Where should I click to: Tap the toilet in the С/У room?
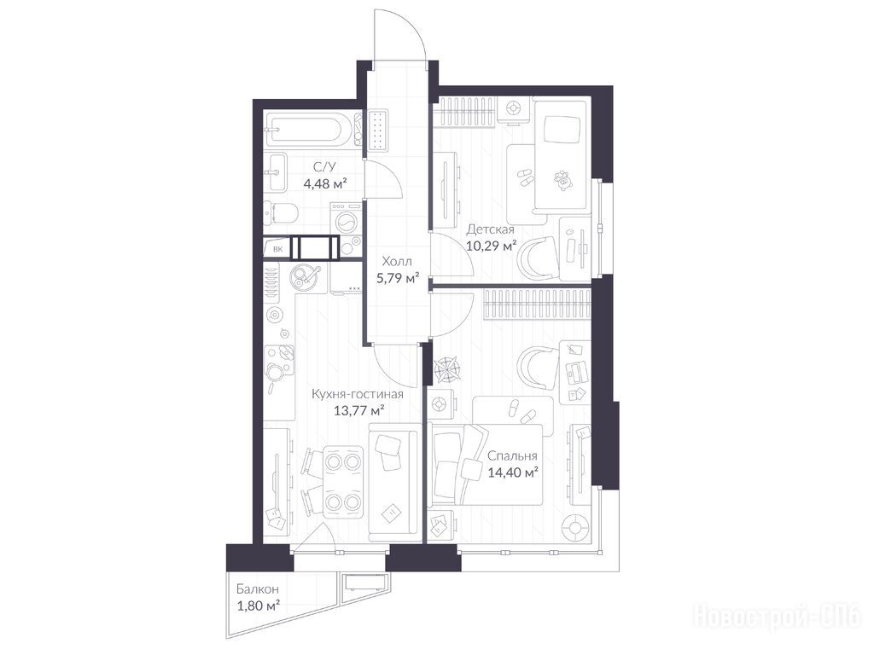[280, 212]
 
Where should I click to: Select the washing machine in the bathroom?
[346, 218]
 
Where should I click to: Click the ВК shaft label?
[277, 250]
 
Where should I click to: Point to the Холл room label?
[397, 262]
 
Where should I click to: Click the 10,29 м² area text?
[491, 246]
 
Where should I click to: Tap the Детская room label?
[491, 229]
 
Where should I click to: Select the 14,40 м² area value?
[513, 472]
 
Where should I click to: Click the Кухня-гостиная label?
[358, 394]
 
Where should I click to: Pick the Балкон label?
[258, 588]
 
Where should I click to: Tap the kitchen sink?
[306, 276]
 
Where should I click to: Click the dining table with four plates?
[342, 483]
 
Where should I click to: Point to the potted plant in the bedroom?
[448, 368]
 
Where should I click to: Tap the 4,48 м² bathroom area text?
[325, 183]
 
